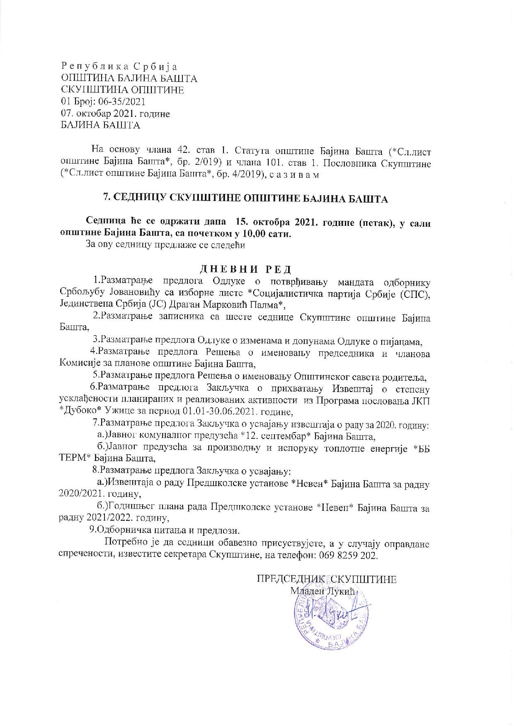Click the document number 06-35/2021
(124, 102)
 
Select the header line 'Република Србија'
(119, 66)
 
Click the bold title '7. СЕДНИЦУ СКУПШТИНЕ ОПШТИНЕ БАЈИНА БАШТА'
(245, 199)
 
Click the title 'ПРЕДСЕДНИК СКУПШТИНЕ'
(327, 579)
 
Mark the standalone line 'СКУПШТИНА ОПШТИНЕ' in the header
(122, 90)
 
